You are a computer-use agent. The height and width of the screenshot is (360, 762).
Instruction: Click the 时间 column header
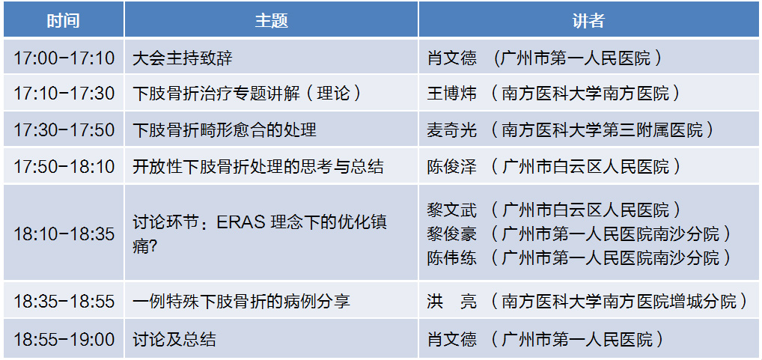pos(63,20)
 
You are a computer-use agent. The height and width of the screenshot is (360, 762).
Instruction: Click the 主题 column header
pos(272,20)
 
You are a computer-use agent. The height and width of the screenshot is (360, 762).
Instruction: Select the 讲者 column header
pos(588,20)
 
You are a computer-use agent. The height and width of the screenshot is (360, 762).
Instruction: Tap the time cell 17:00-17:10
pos(64,58)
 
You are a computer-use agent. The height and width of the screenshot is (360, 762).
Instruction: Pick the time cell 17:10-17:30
pos(64,94)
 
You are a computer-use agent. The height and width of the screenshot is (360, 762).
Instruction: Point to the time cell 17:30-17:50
pos(64,129)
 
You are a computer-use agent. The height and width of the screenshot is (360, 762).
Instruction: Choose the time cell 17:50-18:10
pos(64,167)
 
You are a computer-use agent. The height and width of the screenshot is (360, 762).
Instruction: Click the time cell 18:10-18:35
pos(64,234)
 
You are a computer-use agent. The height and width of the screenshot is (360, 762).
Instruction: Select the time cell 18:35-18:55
pos(64,301)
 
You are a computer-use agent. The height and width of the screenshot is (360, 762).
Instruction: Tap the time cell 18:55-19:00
pos(64,338)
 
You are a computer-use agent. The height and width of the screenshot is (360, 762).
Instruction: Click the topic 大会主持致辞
pos(183,58)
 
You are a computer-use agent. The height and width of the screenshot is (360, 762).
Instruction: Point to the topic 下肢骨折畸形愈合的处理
pos(225,129)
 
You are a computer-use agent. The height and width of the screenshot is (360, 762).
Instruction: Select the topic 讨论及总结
pos(174,338)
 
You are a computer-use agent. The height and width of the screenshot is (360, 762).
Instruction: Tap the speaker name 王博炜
pos(452,94)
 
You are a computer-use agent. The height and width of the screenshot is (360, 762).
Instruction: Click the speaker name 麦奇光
pos(452,129)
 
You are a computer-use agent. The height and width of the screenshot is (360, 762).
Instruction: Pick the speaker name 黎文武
pos(452,210)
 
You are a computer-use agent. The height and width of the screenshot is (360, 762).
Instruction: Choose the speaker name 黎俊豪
pos(452,234)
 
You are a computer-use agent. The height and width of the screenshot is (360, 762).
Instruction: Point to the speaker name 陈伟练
pos(452,257)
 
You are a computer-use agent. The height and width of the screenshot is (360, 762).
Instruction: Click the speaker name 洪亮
pos(452,301)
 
